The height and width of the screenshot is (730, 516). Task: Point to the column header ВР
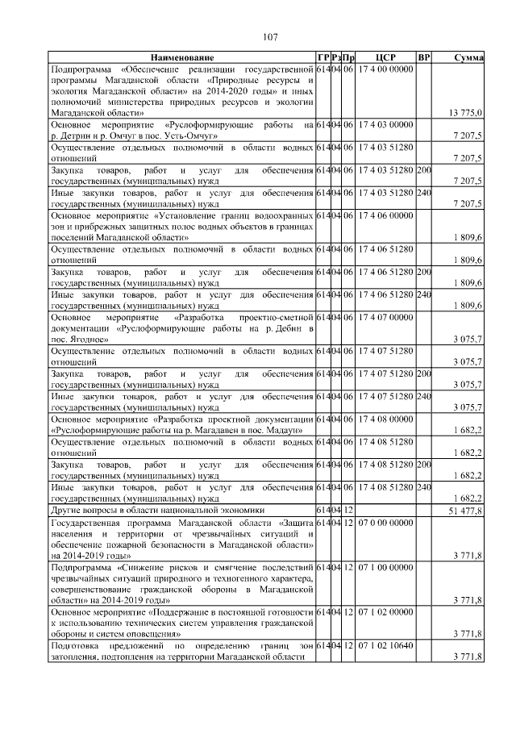tap(424, 58)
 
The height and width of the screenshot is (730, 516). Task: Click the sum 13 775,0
tap(465, 114)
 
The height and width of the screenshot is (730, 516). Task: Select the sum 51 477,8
tap(464, 511)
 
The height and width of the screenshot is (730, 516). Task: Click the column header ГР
tap(323, 58)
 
